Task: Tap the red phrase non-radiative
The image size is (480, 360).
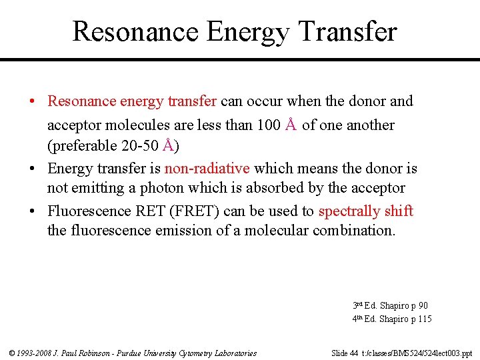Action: coord(207,169)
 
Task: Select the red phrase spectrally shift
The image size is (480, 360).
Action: coord(366,211)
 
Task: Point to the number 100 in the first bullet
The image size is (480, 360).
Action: coord(268,125)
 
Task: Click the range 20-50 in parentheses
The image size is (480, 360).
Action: coord(139,146)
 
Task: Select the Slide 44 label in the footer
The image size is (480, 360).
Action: coord(346,353)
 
